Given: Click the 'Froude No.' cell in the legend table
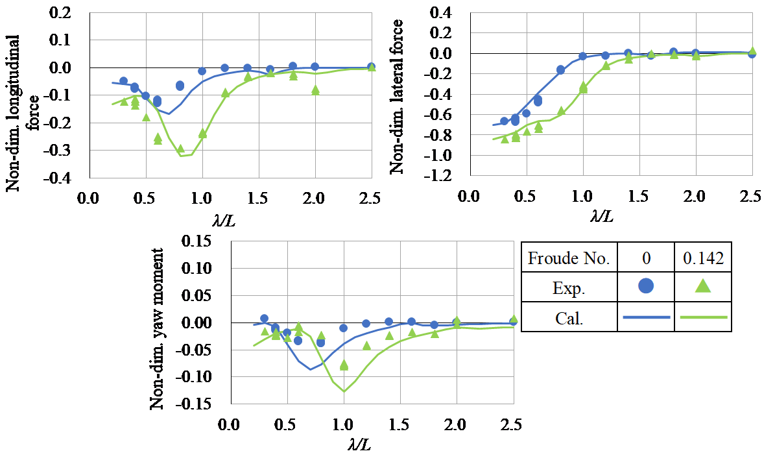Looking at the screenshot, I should click(x=569, y=258).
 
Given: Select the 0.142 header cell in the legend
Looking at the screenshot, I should click(x=702, y=258).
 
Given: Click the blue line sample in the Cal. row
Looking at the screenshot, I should click(x=646, y=317).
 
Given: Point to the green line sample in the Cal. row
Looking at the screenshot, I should click(x=702, y=317).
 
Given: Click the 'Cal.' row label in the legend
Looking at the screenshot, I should click(x=569, y=317).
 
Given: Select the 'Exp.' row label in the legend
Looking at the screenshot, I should click(x=569, y=288).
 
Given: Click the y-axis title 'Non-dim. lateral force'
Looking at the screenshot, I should click(x=397, y=96).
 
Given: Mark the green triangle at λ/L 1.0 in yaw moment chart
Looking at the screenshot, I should click(x=344, y=365).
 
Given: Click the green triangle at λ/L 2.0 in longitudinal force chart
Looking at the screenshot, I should click(x=315, y=90).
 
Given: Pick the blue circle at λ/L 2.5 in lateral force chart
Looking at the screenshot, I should click(x=752, y=53).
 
